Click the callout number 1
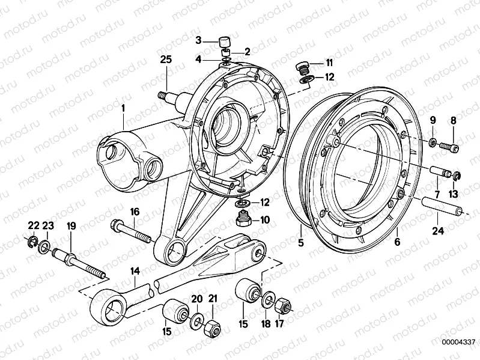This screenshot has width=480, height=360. pos(123,108)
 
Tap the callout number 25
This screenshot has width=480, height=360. pos(166,59)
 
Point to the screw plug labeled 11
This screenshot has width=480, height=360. pos(303,67)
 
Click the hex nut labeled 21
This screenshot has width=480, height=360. pos(214,329)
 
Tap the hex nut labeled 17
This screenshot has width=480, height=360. pos(283,307)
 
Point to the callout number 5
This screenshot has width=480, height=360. pos(300,243)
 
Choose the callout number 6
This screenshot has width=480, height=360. pos(397,243)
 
